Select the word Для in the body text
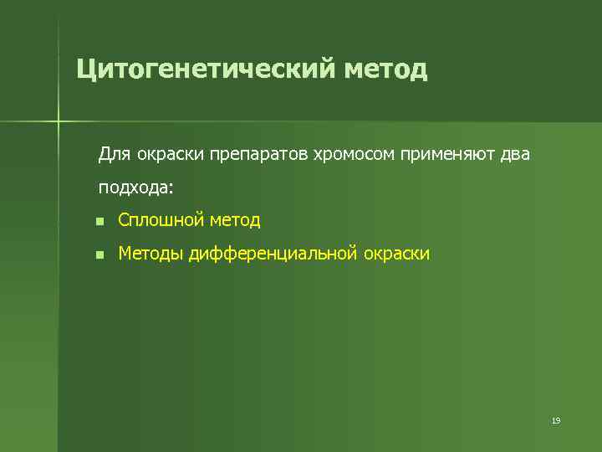(x=112, y=155)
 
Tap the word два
(x=514, y=155)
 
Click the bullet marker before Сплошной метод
(x=99, y=222)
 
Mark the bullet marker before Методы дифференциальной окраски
(x=99, y=254)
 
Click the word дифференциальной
(x=273, y=253)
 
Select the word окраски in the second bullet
(x=397, y=253)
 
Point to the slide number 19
(x=555, y=420)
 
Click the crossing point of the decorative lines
(x=59, y=122)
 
